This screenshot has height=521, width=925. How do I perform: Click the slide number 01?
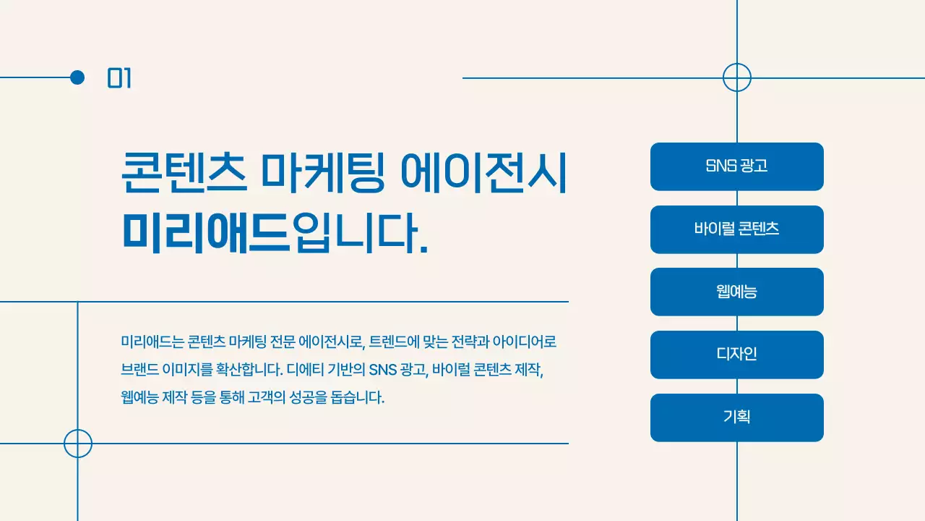[x=119, y=78]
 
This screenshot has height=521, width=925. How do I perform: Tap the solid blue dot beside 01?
[x=77, y=77]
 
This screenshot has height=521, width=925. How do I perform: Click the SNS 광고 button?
[x=736, y=166]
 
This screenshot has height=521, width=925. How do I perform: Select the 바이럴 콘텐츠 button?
[x=736, y=229]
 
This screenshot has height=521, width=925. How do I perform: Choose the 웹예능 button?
[x=736, y=292]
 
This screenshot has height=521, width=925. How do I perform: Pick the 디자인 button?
[x=736, y=355]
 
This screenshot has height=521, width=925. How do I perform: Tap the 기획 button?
[x=736, y=418]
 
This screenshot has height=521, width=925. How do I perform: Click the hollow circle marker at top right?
[x=737, y=77]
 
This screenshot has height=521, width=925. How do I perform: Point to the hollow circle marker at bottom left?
[x=78, y=444]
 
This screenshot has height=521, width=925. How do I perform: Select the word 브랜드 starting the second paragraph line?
[x=139, y=370]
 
